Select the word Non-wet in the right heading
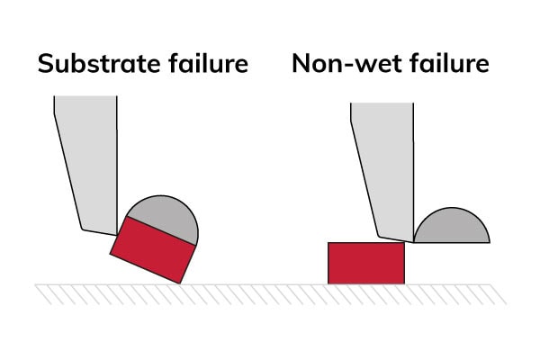point(338,65)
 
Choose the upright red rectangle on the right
point(365,263)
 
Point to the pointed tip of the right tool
point(413,241)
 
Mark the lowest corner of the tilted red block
point(183,280)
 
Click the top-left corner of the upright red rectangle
point(328,243)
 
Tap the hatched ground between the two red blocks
point(261,292)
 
